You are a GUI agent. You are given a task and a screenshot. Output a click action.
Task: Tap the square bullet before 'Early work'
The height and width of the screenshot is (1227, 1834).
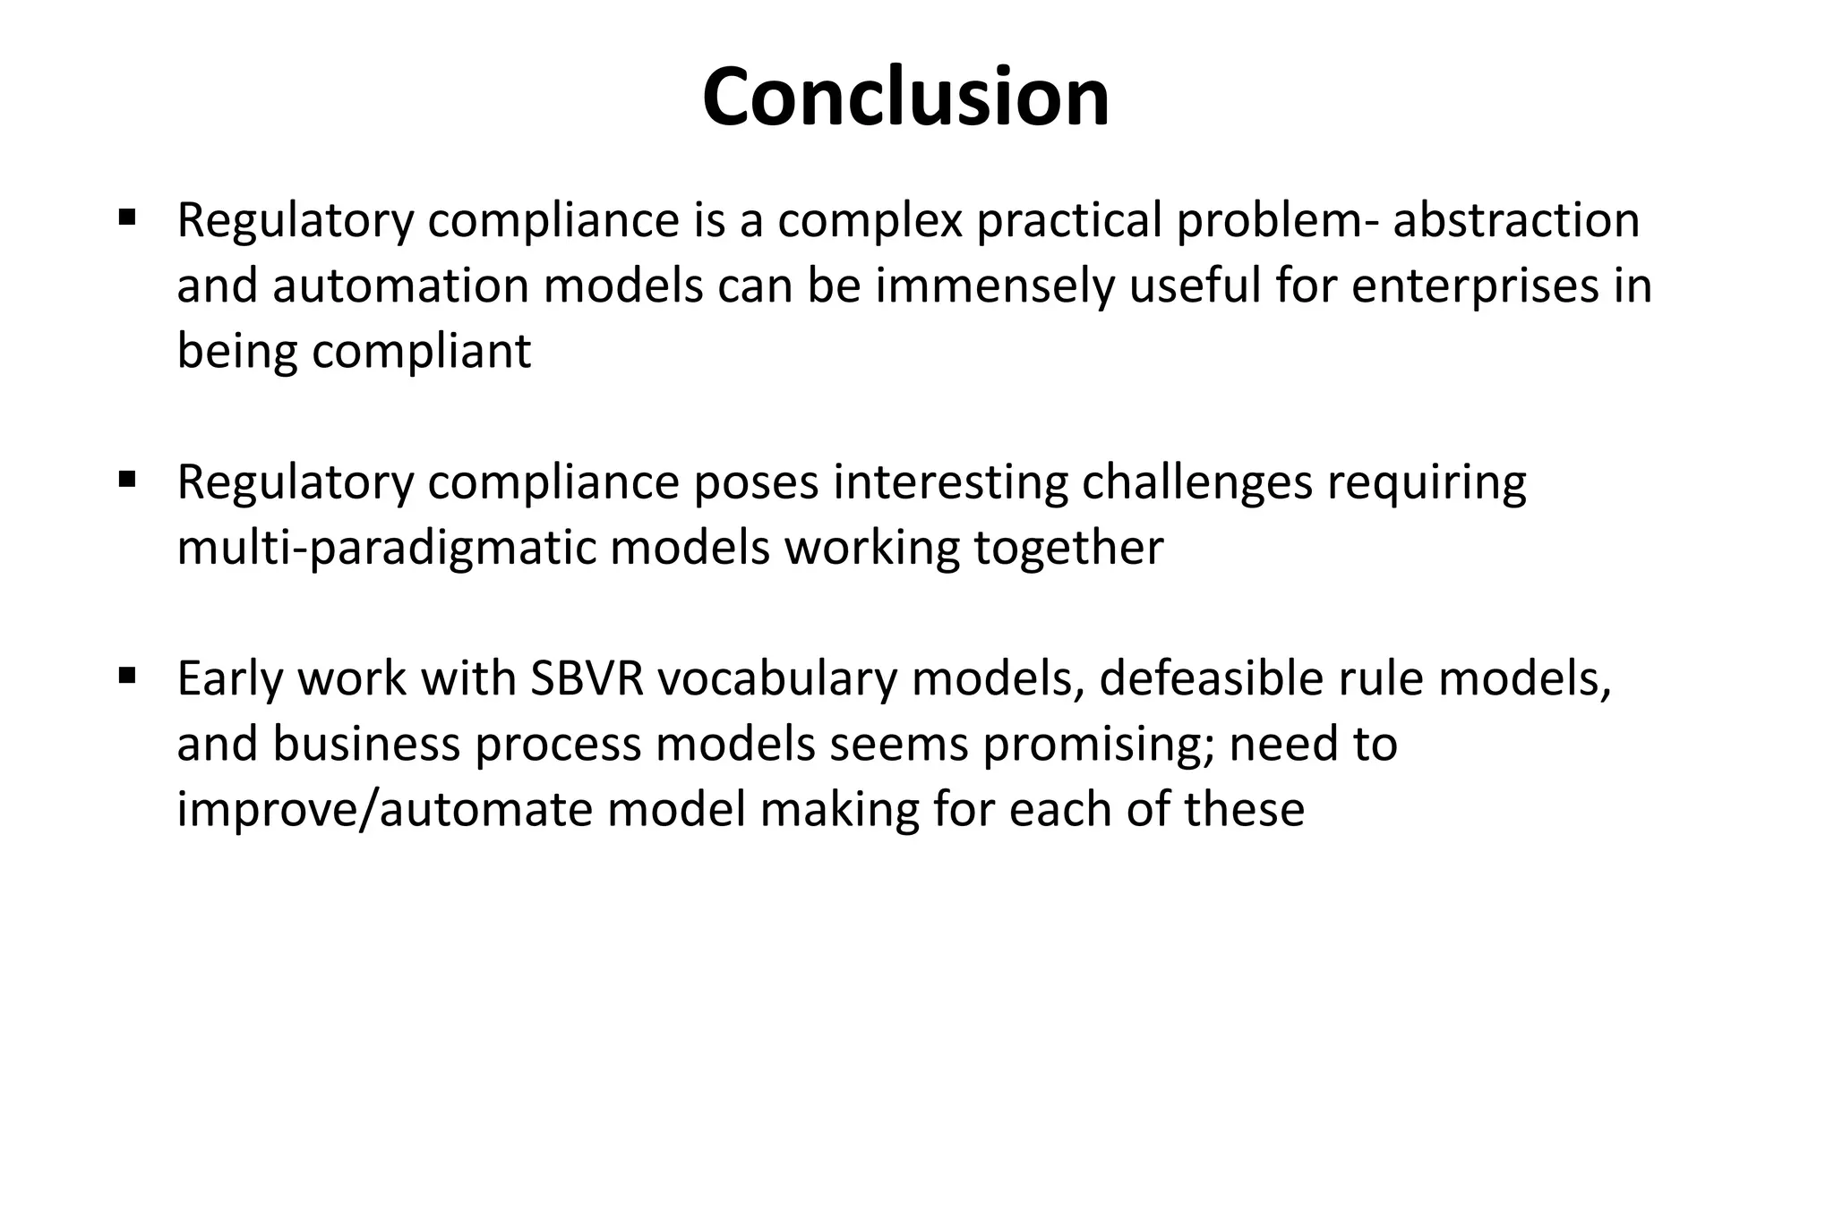[126, 674]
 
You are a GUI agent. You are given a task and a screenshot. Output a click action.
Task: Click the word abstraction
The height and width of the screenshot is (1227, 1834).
[1516, 219]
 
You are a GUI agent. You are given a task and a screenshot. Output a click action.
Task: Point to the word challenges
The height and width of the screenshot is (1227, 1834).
[1197, 483]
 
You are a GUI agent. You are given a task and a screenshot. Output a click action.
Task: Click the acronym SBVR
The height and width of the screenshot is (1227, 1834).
[587, 678]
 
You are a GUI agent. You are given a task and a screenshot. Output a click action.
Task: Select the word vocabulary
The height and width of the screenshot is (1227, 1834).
[776, 680]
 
